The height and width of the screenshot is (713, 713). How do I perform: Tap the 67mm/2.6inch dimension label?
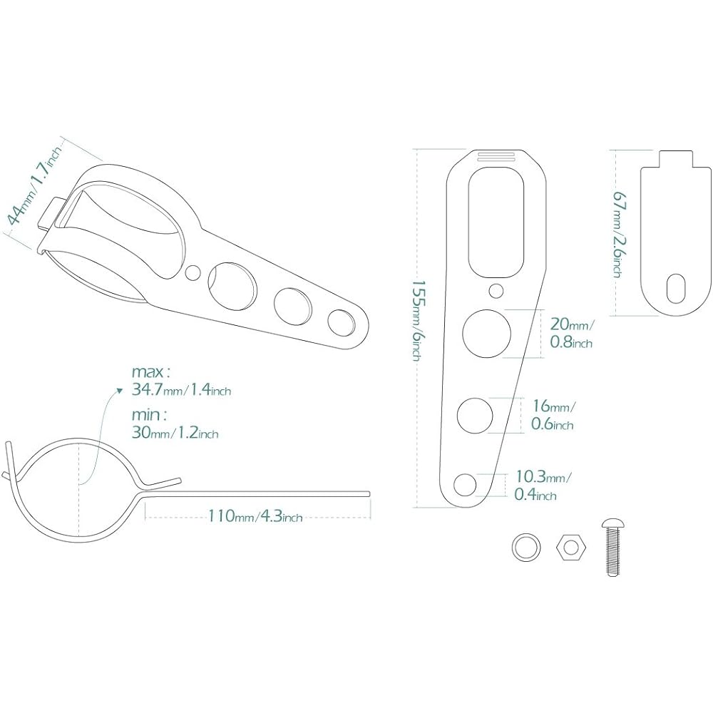coord(618,233)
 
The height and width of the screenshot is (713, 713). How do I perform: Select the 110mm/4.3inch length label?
coord(255,516)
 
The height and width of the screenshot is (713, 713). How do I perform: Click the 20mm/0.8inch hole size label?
coord(572,333)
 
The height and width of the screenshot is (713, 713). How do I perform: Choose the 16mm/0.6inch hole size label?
coord(553,414)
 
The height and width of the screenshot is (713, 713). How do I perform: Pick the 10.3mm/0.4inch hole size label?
coord(543,485)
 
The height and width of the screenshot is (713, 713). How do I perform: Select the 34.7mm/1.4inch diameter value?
coord(181,390)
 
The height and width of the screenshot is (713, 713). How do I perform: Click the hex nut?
coord(570,547)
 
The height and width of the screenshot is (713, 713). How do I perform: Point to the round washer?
coord(527,547)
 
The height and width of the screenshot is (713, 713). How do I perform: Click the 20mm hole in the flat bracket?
coord(486,333)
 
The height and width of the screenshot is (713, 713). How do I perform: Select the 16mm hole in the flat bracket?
coord(475,415)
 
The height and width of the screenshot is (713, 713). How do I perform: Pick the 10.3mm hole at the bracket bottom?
coord(465,485)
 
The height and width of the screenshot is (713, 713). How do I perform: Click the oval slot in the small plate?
coord(675,289)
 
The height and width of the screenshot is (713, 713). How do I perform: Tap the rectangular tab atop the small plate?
coord(676,159)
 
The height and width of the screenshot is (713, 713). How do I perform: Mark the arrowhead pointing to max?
coord(120,390)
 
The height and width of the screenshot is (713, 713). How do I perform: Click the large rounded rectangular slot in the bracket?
coord(496,222)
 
